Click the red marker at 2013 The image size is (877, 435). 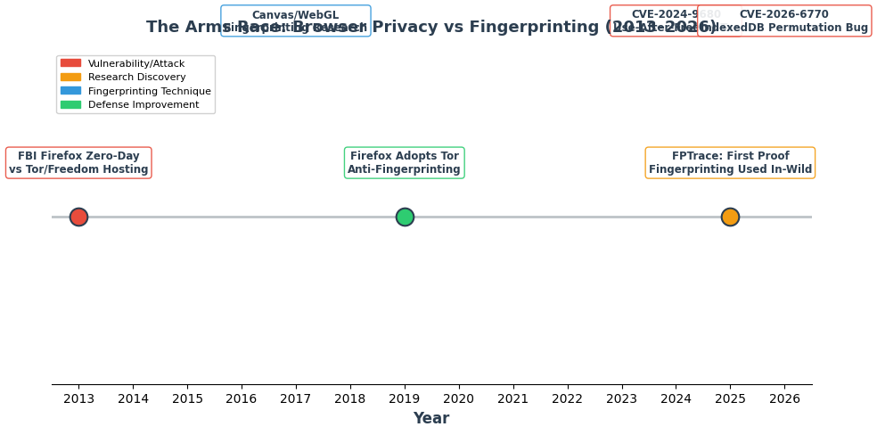click(78, 217)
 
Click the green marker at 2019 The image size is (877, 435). click(405, 217)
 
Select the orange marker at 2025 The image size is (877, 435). click(730, 217)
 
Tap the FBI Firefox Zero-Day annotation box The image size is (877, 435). click(78, 163)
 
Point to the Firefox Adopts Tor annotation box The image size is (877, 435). click(404, 163)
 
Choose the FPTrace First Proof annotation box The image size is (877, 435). click(730, 163)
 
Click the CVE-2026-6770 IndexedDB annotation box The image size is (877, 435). click(784, 21)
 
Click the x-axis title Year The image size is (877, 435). click(430, 419)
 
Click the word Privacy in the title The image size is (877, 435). click(404, 28)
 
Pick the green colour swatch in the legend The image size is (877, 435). click(70, 105)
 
